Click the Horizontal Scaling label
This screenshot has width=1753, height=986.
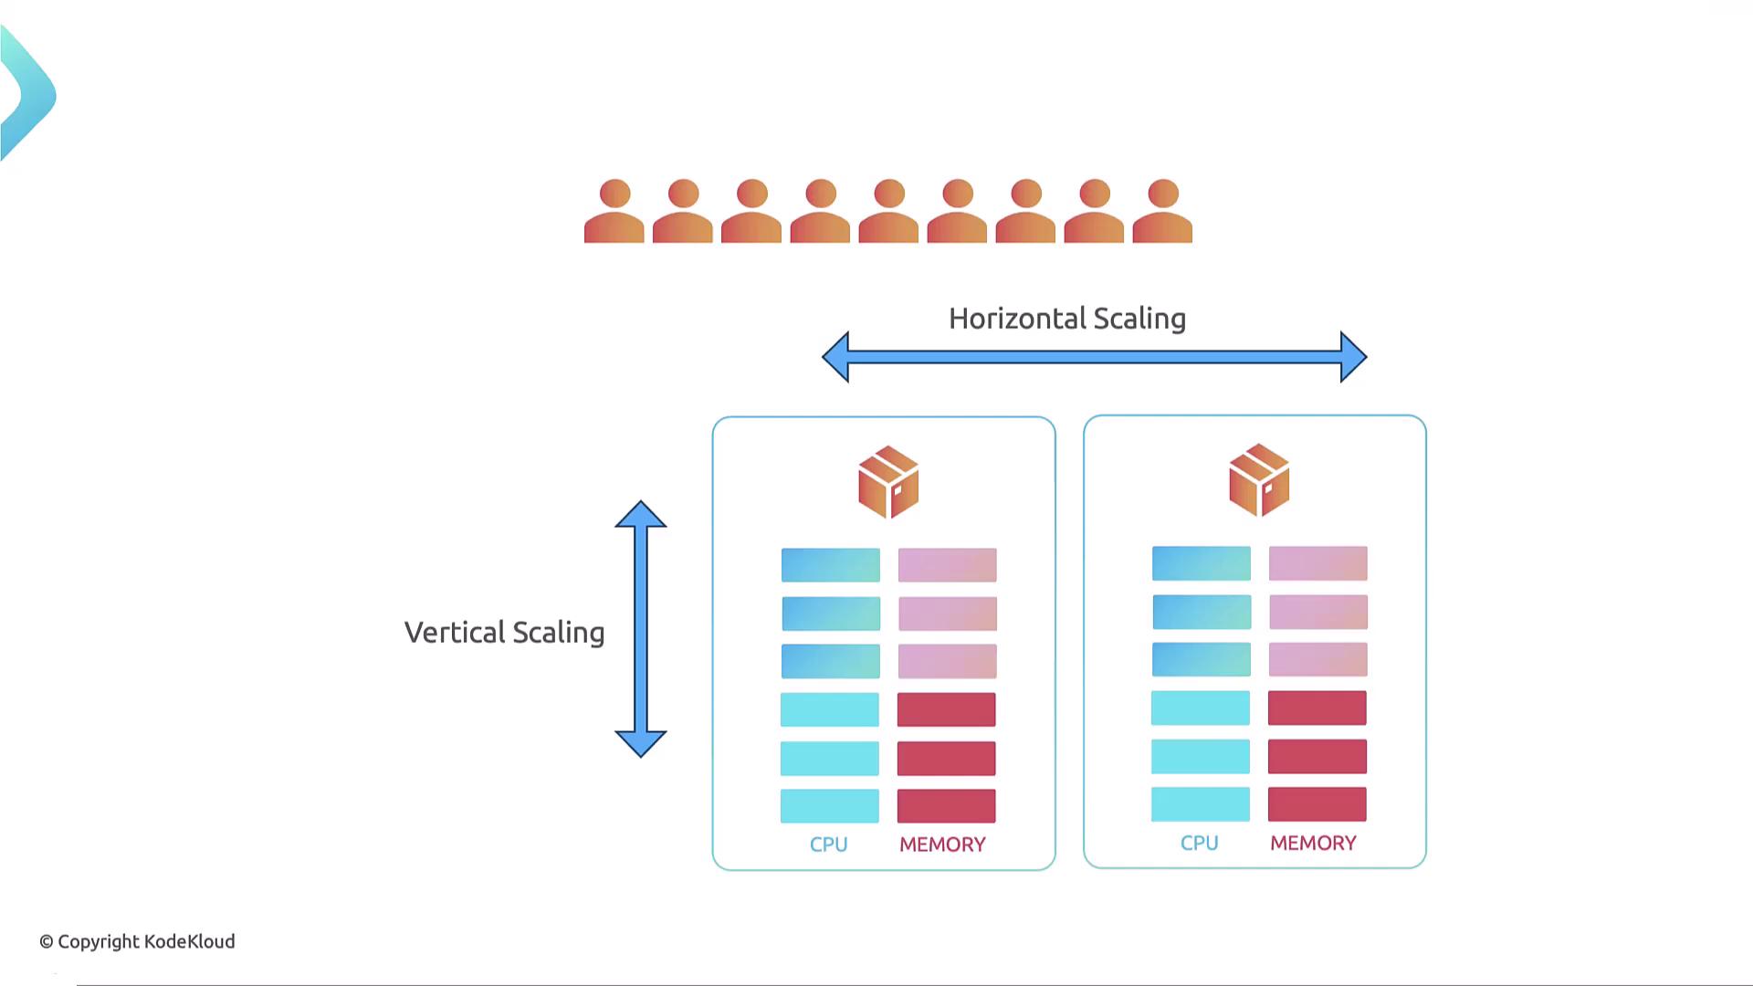click(x=1067, y=319)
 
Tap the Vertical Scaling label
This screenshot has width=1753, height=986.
click(x=504, y=633)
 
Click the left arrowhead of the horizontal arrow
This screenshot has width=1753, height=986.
click(x=835, y=356)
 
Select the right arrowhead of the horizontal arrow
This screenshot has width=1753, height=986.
click(x=1353, y=356)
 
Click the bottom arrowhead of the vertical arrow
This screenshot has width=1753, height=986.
click(x=641, y=743)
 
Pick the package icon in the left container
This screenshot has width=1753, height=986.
click(x=888, y=482)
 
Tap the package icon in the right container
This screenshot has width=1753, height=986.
click(x=1259, y=480)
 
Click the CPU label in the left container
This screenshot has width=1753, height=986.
click(x=829, y=844)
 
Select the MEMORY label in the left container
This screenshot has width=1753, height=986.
click(x=942, y=844)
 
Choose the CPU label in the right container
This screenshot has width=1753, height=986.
click(x=1200, y=843)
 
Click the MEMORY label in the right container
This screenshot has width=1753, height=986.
click(x=1313, y=843)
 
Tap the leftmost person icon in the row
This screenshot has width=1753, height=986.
click(x=614, y=212)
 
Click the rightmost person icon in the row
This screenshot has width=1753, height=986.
click(x=1162, y=212)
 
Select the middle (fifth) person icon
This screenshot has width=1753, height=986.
click(x=888, y=212)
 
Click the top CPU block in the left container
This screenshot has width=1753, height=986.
click(x=831, y=565)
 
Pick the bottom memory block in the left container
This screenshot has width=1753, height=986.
click(x=947, y=806)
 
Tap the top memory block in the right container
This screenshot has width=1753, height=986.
click(x=1317, y=563)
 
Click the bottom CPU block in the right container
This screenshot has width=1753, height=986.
click(x=1201, y=804)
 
